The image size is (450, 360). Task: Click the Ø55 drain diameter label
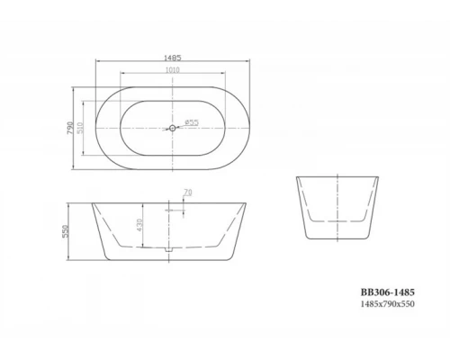tap(192, 122)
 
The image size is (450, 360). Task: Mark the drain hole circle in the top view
tap(172, 128)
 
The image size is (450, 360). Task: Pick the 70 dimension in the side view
tap(186, 192)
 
